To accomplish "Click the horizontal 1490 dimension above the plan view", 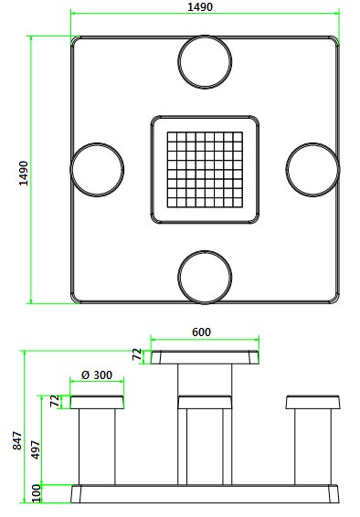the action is point(200,6).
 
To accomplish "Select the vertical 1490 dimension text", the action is point(24,174).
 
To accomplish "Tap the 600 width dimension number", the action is point(201,332).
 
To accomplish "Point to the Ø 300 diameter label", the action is point(97,375).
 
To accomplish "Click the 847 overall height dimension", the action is point(17,440).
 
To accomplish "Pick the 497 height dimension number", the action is point(36,449).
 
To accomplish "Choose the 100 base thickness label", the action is point(37,493).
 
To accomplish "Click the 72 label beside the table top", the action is point(137,354).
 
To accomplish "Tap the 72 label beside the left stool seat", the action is point(56,401).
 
